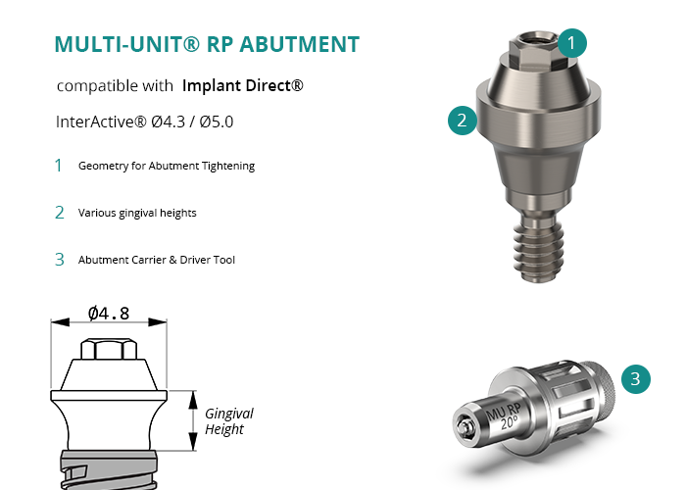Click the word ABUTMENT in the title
(300, 44)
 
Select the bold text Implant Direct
(242, 85)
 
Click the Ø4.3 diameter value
(169, 122)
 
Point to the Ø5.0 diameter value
(217, 122)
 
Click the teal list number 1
(59, 166)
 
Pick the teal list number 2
(60, 213)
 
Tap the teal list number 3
(60, 260)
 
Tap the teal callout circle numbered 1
(571, 43)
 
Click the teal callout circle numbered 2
(463, 121)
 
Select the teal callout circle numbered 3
(636, 379)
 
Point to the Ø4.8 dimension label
(109, 314)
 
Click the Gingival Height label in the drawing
(229, 421)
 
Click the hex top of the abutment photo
(535, 50)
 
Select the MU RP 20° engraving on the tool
(504, 416)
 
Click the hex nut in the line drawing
(109, 349)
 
